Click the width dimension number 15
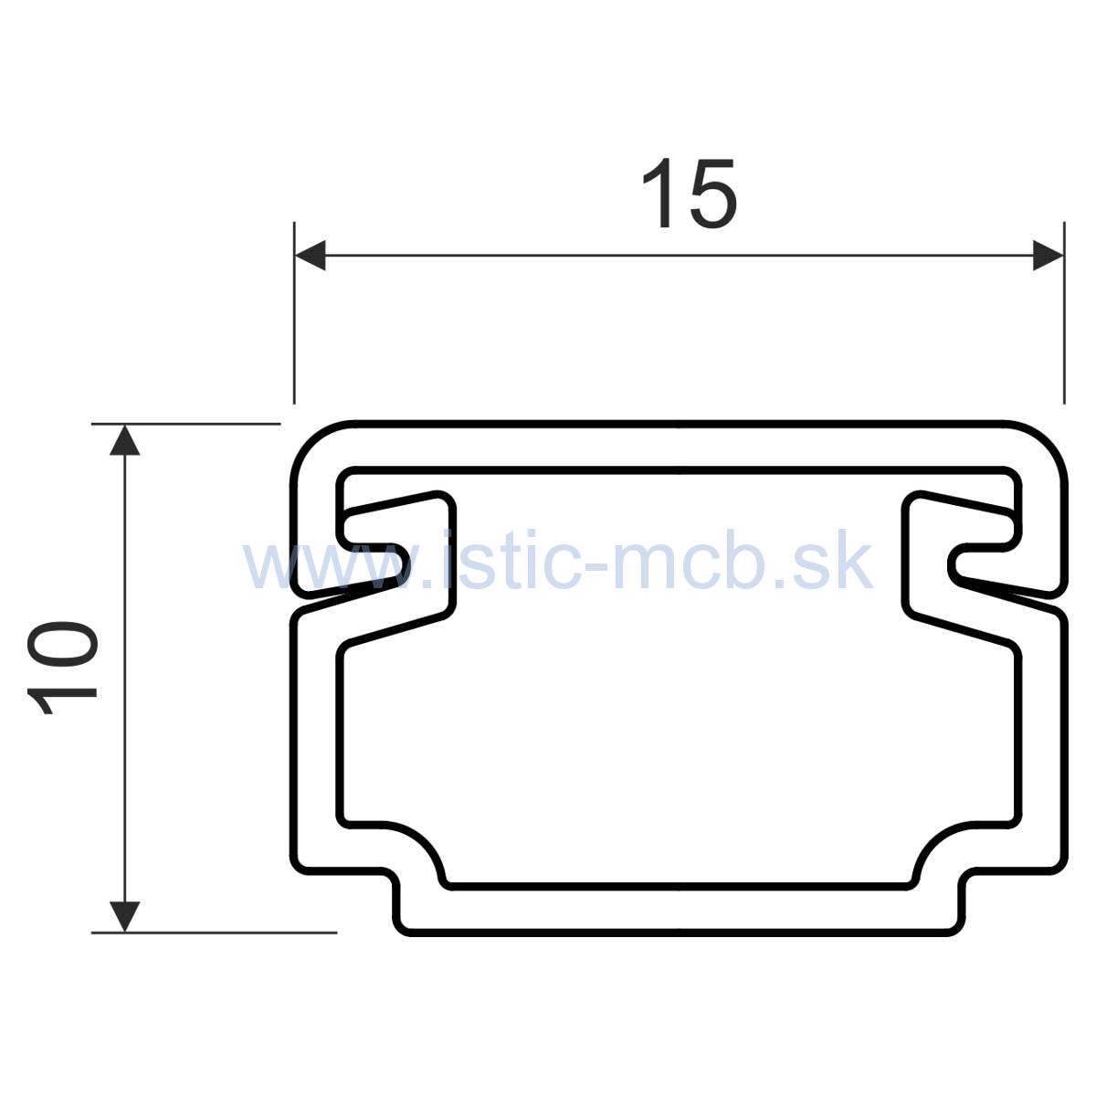(x=688, y=194)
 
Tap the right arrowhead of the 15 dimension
(x=1048, y=256)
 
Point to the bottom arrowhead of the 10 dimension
(x=125, y=915)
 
